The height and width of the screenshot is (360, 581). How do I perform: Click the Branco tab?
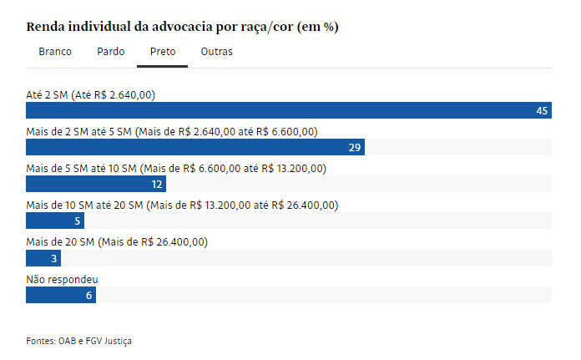[x=55, y=52]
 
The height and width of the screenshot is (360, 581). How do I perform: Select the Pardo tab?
[x=110, y=52]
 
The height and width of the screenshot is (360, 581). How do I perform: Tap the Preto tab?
[x=162, y=52]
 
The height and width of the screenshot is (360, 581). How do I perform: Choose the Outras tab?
[x=216, y=52]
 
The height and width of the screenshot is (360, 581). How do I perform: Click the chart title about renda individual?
[x=182, y=27]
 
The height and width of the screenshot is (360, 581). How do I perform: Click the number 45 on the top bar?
[x=542, y=111]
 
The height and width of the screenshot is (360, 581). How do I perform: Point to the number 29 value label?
[x=354, y=148]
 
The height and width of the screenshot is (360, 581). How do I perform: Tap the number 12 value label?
[x=156, y=185]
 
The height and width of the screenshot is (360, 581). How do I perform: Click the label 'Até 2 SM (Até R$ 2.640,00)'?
[x=90, y=94]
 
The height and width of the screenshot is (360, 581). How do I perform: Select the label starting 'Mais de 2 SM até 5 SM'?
[x=172, y=131]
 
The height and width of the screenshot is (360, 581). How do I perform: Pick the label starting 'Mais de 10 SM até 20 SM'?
[x=182, y=205]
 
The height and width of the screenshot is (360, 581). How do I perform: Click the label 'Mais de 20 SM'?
[x=117, y=241]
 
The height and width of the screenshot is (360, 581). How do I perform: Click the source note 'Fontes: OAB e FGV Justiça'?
[x=78, y=341]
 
